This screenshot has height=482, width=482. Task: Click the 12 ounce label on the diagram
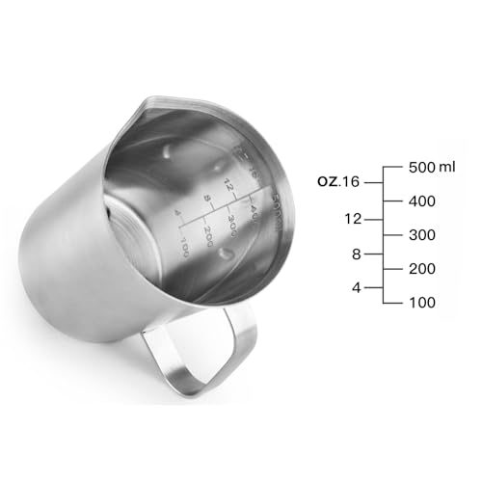coord(352,218)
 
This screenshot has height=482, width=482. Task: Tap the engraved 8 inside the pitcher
coord(206,199)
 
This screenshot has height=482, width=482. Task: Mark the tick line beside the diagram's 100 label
coord(392,302)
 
